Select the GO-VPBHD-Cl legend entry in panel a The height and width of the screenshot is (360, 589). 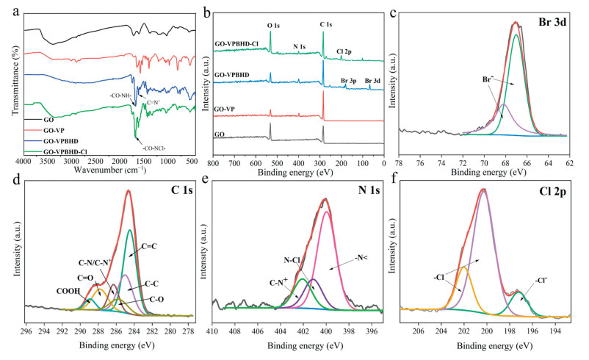click(57, 151)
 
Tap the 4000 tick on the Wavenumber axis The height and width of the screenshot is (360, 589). click(24, 161)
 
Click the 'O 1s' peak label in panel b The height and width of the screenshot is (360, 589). click(272, 26)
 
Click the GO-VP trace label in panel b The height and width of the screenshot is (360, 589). click(225, 108)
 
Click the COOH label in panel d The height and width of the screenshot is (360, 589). click(69, 290)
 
